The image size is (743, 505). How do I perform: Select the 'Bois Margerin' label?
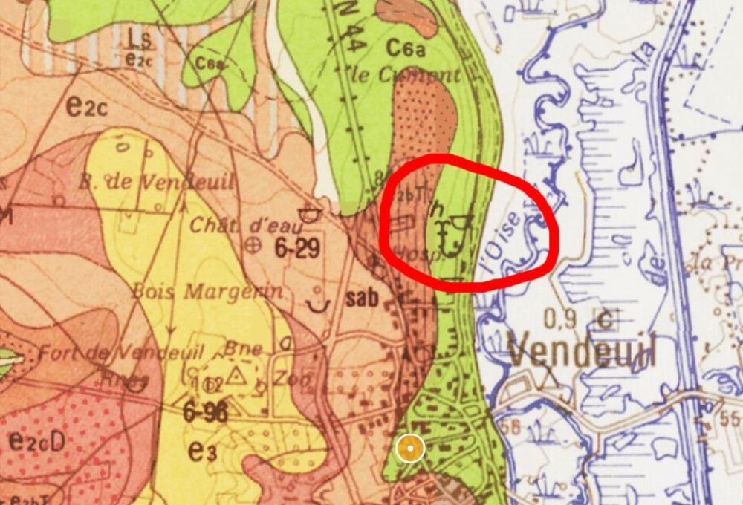208,291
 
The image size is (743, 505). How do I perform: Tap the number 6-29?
297,248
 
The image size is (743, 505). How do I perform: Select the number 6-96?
205,412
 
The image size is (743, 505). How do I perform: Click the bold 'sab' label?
362,299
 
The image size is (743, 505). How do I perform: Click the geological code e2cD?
37,440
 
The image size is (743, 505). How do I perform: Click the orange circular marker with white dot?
409,449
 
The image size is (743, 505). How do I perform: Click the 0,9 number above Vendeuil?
561,319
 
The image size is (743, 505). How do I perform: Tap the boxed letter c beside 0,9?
606,320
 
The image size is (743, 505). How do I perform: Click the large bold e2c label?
87,106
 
